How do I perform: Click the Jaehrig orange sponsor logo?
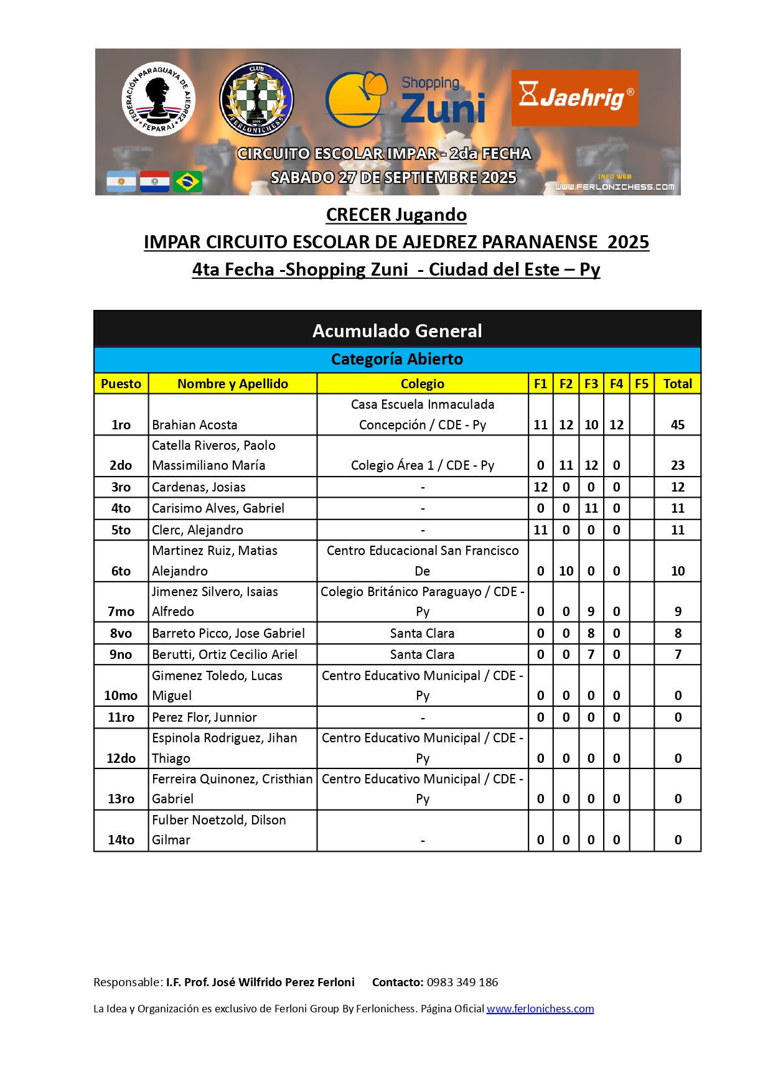[x=574, y=98]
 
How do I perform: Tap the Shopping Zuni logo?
[x=406, y=100]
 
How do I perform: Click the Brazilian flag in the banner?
[x=187, y=182]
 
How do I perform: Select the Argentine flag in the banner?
[x=121, y=182]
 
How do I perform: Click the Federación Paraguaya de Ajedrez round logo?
[x=158, y=99]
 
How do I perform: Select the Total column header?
[x=677, y=384]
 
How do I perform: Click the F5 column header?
[x=641, y=384]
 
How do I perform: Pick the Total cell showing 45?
[x=677, y=425]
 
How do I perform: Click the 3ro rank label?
[x=121, y=487]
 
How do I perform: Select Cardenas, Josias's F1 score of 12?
[x=540, y=487]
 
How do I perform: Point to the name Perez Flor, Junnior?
[x=204, y=717]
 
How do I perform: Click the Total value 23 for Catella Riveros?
[x=677, y=465]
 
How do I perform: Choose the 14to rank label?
[x=121, y=840]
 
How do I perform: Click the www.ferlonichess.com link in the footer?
[x=540, y=1009]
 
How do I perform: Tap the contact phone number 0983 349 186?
[x=462, y=982]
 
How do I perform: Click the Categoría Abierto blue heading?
[x=396, y=360]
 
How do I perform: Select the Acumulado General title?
[x=396, y=331]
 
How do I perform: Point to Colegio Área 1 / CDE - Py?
[x=422, y=465]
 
